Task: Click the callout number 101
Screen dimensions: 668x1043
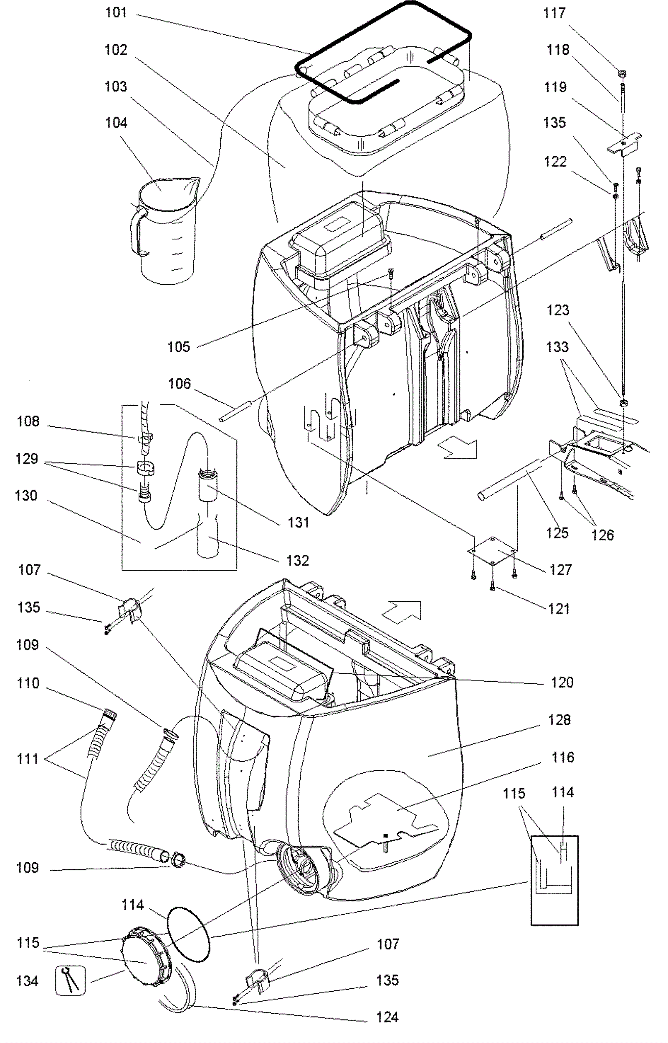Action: pos(116,13)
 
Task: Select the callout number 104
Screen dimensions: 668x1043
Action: pos(116,123)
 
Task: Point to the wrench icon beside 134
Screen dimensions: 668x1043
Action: pos(71,981)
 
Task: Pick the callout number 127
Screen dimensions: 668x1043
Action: pos(560,570)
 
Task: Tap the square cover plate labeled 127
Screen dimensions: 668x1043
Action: pos(493,551)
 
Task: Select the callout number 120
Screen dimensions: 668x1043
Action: pos(562,683)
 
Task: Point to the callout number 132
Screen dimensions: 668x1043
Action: pos(298,561)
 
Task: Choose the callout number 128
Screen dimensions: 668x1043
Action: pos(559,720)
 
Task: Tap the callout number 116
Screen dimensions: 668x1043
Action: pos(563,757)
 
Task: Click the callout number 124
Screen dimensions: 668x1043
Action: pos(387,1018)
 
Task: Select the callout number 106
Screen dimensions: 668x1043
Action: pos(180,383)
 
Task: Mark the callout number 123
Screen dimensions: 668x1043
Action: pos(558,310)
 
